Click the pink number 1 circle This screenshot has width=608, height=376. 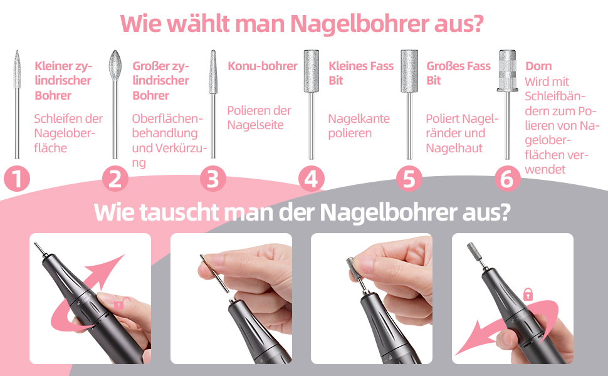(17, 179)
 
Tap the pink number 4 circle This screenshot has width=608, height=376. (311, 179)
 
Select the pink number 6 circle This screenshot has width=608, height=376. (507, 179)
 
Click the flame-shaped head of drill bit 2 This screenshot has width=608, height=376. (115, 65)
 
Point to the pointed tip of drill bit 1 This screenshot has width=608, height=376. (17, 50)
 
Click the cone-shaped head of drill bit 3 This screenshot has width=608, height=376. (213, 71)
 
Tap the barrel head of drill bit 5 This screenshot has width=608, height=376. (409, 71)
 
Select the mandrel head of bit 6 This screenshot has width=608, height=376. (507, 71)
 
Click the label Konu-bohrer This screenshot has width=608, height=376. (263, 66)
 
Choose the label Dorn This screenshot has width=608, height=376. (538, 66)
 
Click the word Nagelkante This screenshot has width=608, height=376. (359, 118)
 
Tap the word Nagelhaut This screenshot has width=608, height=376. (454, 148)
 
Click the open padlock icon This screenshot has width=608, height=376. (119, 303)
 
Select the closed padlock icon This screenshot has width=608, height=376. (528, 294)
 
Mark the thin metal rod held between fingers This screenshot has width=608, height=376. (214, 274)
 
